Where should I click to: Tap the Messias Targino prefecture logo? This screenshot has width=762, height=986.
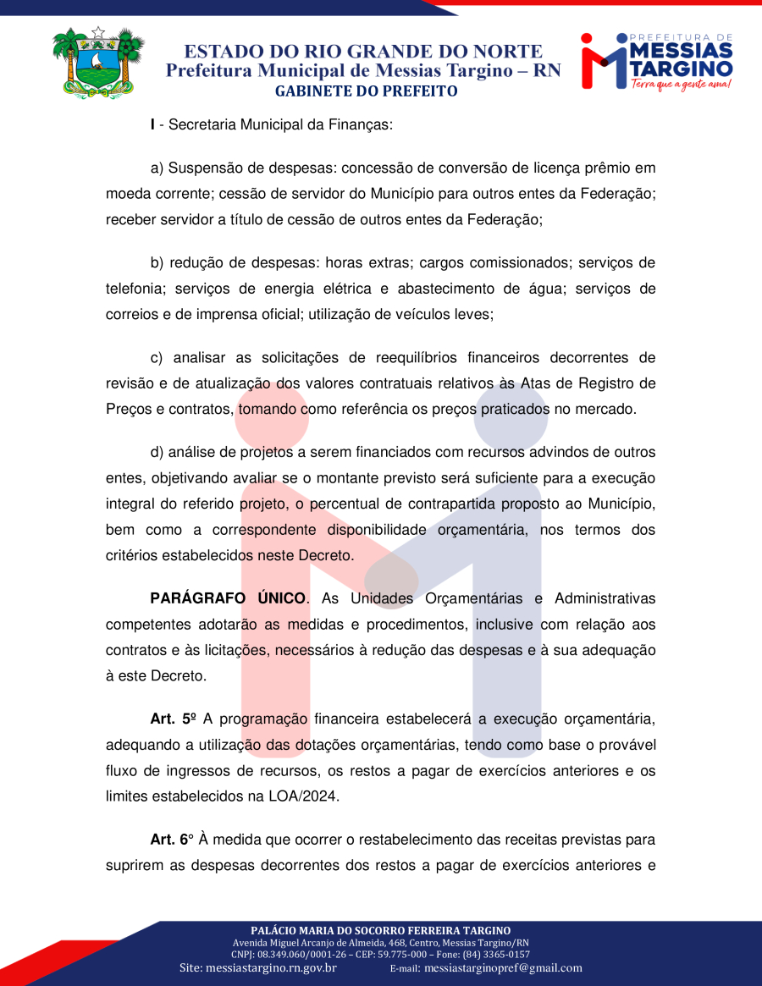point(656,61)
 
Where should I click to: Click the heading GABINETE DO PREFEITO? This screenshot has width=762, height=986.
point(367,91)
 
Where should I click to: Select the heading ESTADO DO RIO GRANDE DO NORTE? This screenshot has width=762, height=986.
point(363,52)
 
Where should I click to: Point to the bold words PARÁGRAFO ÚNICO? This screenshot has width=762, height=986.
point(228,598)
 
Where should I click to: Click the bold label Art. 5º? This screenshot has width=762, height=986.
point(174,720)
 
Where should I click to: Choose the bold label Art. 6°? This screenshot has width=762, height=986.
point(172,840)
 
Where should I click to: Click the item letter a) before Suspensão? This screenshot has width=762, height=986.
point(157,168)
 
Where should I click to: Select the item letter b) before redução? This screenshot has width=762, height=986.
point(157,262)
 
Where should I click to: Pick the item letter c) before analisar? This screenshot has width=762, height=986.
point(157,357)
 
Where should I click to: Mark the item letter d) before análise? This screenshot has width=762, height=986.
point(157,452)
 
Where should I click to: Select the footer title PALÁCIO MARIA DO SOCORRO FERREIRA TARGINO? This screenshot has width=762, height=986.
point(380,930)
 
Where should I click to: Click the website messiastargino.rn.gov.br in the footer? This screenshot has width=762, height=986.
point(271,967)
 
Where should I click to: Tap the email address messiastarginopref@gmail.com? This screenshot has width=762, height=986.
point(503,967)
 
